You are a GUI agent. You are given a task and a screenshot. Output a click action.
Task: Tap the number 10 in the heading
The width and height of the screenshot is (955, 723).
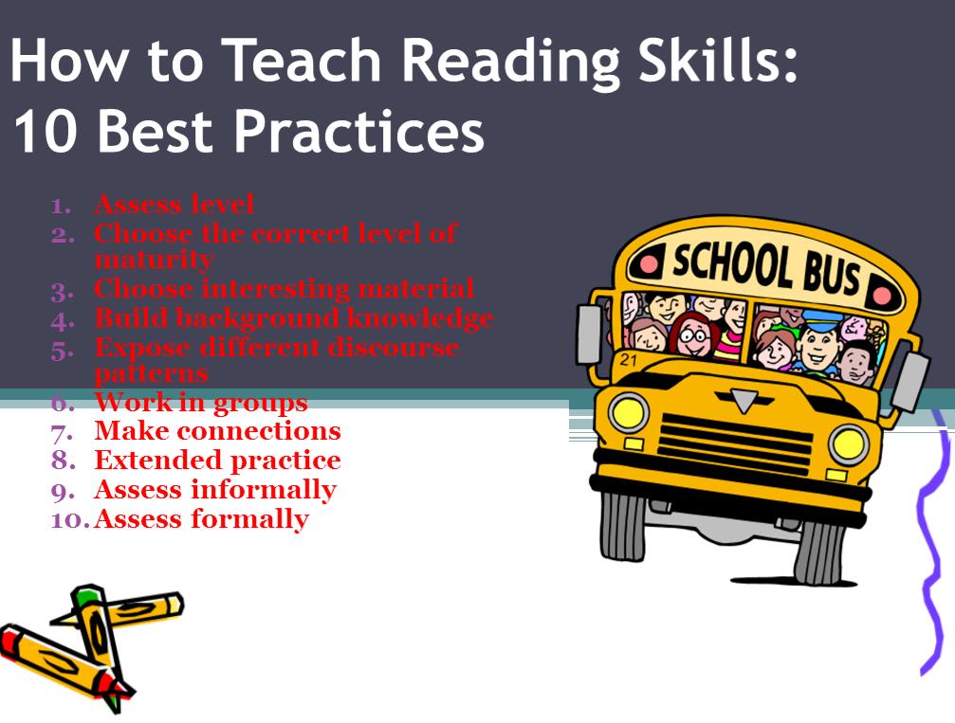click(x=45, y=132)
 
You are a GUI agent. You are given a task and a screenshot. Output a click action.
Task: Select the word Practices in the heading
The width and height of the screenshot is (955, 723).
click(x=358, y=132)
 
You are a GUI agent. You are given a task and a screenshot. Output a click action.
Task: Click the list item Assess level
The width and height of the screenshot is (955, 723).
click(x=174, y=205)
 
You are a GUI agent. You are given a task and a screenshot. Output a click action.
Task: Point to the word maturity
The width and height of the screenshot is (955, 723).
click(x=154, y=260)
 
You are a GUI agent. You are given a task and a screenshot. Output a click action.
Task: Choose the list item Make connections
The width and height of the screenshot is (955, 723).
click(x=217, y=431)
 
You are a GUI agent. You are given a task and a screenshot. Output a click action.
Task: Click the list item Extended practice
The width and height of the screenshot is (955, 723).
click(x=217, y=461)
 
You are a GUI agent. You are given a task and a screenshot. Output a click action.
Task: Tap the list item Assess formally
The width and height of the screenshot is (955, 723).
click(x=202, y=519)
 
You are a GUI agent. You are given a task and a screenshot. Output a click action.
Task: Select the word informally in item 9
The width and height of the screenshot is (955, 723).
click(x=264, y=490)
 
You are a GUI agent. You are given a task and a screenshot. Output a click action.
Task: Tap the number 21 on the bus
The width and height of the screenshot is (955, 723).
click(x=629, y=360)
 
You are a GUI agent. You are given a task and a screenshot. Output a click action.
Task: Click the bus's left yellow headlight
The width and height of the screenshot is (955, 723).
click(x=628, y=413)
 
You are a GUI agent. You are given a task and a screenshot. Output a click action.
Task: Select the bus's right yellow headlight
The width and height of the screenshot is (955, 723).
click(x=849, y=443)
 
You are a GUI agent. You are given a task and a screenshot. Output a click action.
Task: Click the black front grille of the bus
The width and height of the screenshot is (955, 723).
click(x=736, y=444)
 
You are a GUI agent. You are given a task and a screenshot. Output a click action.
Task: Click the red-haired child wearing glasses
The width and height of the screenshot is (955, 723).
click(x=692, y=335)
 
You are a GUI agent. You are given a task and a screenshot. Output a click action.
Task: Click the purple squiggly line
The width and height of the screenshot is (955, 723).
click(x=932, y=542)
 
